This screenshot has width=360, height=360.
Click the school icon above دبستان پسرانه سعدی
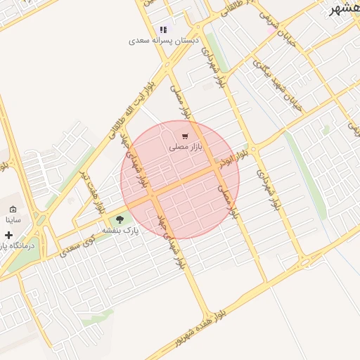click(x=164, y=30)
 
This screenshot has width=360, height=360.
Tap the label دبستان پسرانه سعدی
click(x=164, y=41)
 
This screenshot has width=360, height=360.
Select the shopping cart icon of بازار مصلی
click(x=185, y=136)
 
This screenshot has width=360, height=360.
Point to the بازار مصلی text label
click(x=185, y=147)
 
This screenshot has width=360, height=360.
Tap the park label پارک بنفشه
click(x=120, y=230)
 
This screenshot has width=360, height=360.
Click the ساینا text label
click(x=13, y=219)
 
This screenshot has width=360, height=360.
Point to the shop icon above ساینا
click(x=13, y=209)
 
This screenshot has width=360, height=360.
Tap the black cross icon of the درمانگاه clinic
click(x=8, y=235)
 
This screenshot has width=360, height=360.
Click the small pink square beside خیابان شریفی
click(x=271, y=30)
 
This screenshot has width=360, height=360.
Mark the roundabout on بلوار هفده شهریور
click(x=304, y=263)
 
